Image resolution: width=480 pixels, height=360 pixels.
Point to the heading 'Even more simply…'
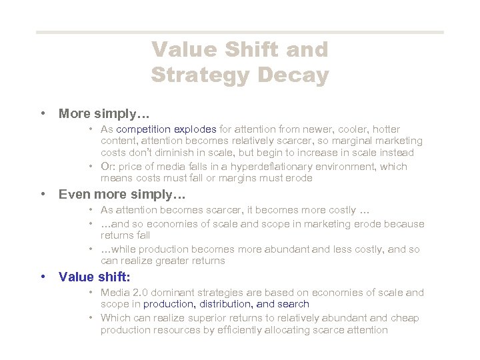pos(122,195)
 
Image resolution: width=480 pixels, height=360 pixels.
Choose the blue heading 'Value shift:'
pos(94,277)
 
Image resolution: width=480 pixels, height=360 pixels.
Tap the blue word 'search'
pos(293,304)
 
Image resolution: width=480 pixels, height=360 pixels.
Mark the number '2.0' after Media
pos(137,292)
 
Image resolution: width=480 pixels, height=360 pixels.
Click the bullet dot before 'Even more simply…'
pos(43,195)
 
